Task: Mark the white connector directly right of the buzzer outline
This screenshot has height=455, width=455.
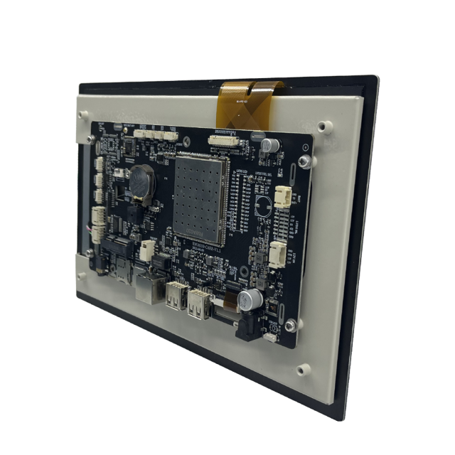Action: (283, 196)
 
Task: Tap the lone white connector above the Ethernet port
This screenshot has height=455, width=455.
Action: (148, 249)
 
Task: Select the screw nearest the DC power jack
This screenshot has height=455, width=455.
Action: (291, 326)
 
